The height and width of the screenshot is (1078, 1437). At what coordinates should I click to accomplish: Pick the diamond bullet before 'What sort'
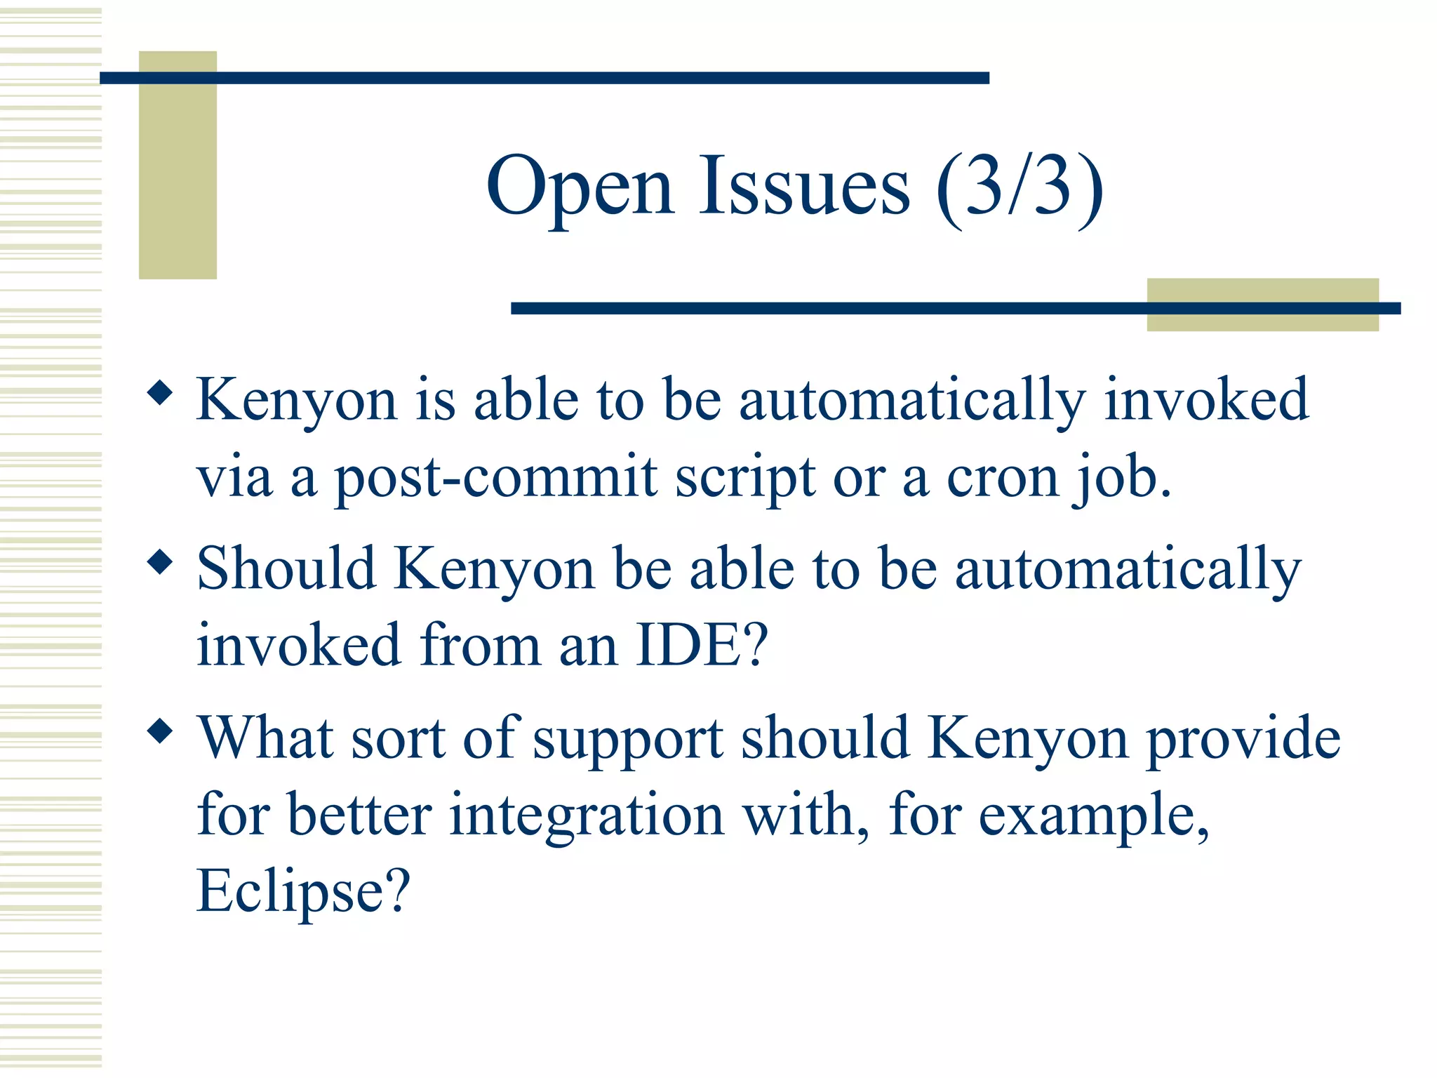pyautogui.click(x=161, y=731)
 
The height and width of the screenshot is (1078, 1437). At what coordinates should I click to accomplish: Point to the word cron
pyautogui.click(x=1001, y=477)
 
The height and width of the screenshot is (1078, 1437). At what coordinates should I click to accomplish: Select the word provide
pyautogui.click(x=1243, y=738)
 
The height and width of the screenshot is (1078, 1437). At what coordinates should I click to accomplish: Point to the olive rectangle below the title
pyautogui.click(x=1262, y=305)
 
